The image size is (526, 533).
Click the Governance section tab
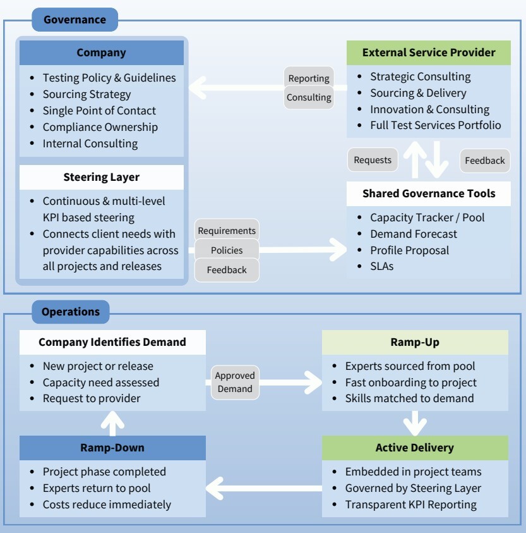click(75, 20)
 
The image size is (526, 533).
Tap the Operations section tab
click(71, 312)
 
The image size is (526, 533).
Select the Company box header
click(102, 52)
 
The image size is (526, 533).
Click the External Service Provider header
click(429, 52)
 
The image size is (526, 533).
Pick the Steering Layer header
click(102, 177)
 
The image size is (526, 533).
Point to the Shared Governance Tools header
click(429, 193)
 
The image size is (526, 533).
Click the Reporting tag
click(309, 78)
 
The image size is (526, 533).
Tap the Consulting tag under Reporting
click(309, 97)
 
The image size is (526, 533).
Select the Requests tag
click(373, 160)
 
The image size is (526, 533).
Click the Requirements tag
click(227, 231)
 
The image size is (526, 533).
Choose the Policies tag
click(227, 250)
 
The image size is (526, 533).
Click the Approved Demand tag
click(235, 383)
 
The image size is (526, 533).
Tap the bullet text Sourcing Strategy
click(87, 94)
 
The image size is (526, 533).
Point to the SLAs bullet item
click(381, 266)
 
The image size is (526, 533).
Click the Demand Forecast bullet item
click(414, 234)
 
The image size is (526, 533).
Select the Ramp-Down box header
click(112, 448)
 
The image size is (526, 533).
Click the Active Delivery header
click(415, 448)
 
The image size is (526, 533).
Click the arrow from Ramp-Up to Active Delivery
click(415, 423)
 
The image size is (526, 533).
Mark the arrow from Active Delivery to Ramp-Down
click(264, 487)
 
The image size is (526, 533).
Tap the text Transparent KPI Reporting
click(410, 505)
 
